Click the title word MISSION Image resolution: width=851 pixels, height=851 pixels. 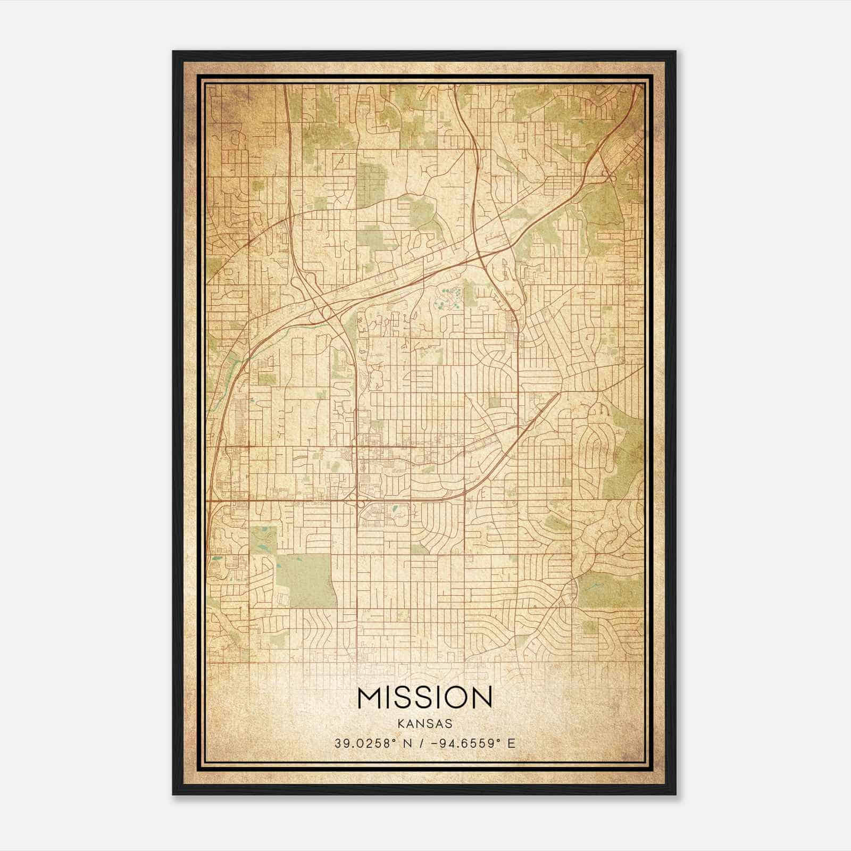coord(425,697)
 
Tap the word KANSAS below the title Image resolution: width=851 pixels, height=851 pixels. coord(425,723)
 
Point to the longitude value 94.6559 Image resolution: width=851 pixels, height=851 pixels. coord(465,743)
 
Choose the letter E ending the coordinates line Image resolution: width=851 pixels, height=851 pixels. coord(511,743)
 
